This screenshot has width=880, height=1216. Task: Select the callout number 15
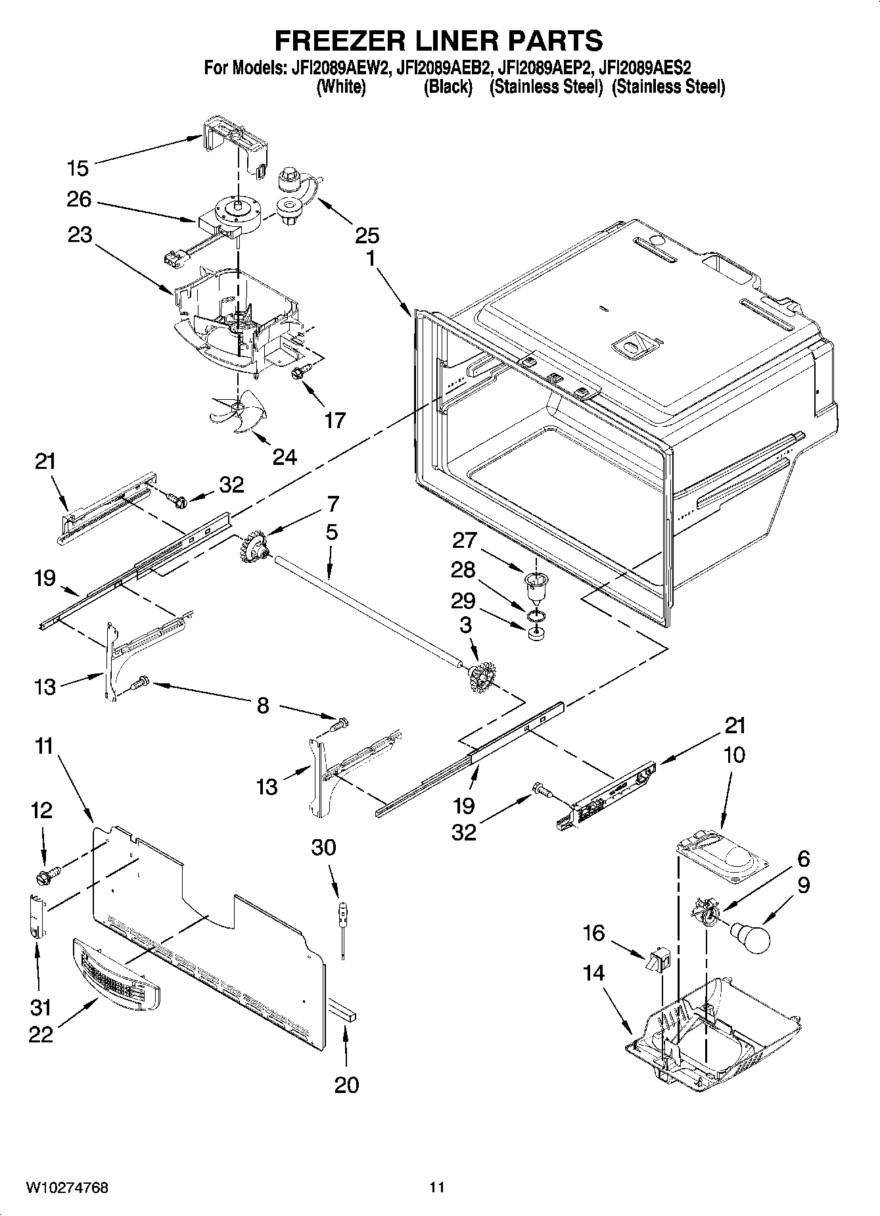tap(78, 168)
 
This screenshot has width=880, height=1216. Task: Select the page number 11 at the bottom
tap(437, 1188)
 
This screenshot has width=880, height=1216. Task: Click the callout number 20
tap(346, 1084)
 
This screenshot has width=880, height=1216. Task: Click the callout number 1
tap(370, 258)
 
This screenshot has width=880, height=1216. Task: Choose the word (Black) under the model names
tap(448, 87)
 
